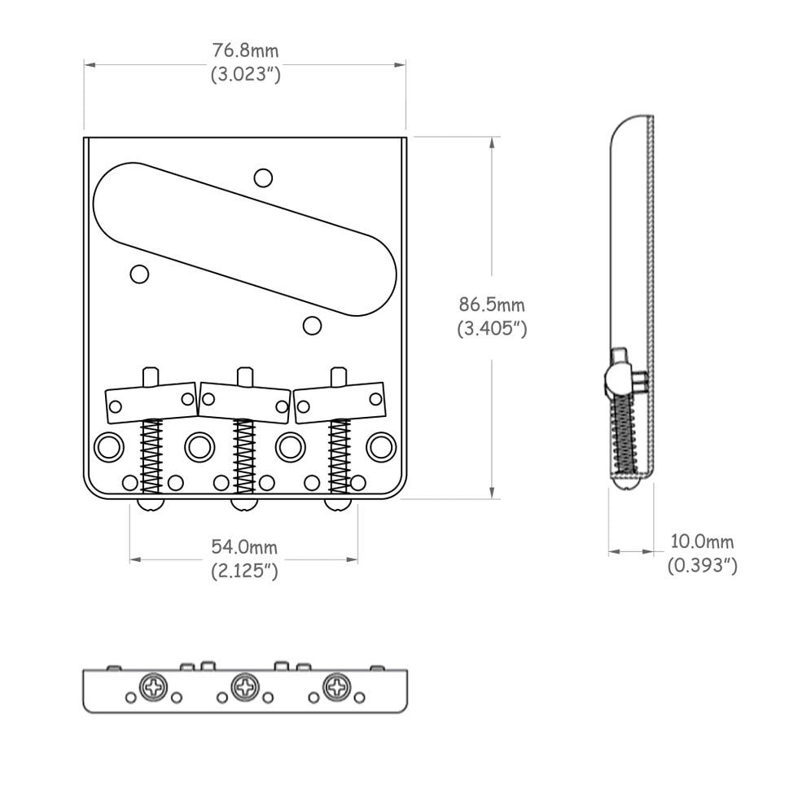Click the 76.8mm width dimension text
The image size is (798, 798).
coord(245,50)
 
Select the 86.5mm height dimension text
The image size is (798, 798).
coord(492,305)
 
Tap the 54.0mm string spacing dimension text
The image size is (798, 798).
coord(244,547)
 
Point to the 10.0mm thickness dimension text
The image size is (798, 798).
coord(702,541)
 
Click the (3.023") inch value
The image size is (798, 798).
coord(246,74)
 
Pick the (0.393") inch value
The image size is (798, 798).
coord(702,565)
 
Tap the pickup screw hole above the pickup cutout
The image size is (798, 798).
coord(263,178)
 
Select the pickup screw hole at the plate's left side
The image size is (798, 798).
coord(139,274)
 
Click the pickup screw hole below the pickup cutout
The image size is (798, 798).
coord(312,325)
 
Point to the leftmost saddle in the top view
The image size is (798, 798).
coord(151,402)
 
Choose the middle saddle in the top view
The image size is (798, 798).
coord(245,402)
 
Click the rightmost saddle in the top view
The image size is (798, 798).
coord(339,402)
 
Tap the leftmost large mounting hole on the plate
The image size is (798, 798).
coord(109,447)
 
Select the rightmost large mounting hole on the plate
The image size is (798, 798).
coord(381,447)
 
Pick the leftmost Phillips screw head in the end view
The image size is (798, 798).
coord(154,687)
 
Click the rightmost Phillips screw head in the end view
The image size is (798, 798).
coord(337,687)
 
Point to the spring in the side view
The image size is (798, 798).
coord(625,432)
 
